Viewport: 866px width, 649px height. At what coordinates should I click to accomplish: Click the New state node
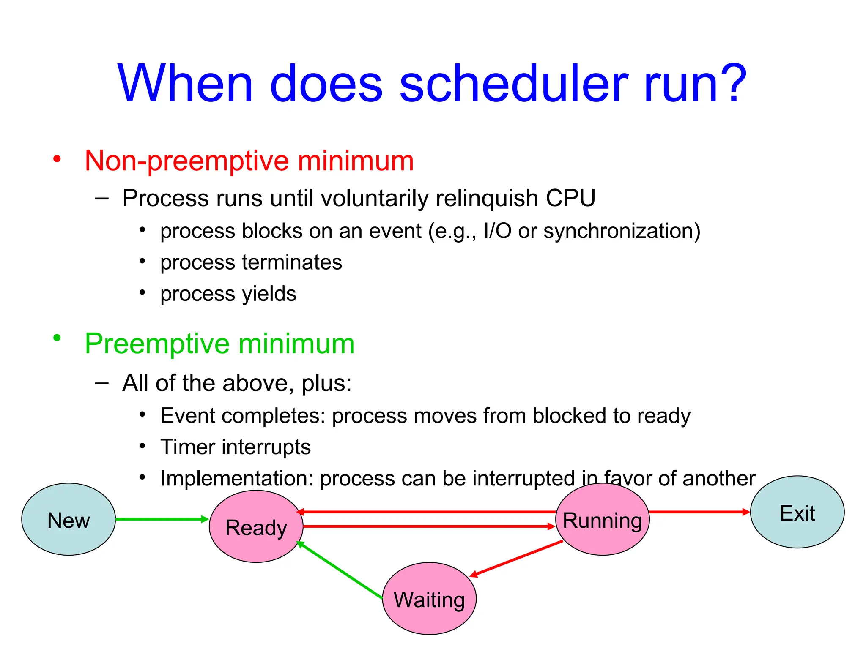tap(69, 519)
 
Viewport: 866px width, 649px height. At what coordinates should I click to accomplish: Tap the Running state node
tap(602, 520)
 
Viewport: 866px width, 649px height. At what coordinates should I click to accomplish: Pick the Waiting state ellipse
tap(429, 599)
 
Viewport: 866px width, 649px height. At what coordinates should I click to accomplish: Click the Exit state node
tap(797, 512)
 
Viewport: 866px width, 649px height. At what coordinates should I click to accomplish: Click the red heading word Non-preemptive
tap(186, 161)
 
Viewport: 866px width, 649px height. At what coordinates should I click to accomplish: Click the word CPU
tap(570, 198)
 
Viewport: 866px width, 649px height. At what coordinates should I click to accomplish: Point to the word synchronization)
tap(622, 231)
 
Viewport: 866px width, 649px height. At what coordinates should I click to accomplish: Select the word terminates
tap(292, 262)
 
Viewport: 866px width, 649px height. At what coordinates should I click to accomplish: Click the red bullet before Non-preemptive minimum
tap(57, 159)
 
